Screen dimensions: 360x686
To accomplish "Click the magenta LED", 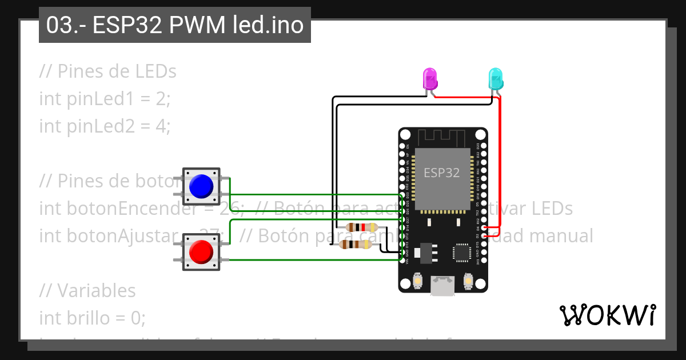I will click(429, 78).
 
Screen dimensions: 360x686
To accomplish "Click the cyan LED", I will click(495, 78).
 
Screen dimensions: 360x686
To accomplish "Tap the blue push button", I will click(201, 186).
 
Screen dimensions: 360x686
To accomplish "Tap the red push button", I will click(201, 252).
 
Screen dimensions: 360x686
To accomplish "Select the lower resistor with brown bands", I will click(355, 245).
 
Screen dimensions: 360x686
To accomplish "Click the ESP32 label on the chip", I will click(441, 173).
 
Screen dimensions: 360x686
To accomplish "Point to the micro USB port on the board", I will click(443, 286).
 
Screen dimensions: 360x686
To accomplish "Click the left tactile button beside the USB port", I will click(418, 282).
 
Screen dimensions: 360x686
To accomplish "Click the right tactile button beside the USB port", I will click(468, 282).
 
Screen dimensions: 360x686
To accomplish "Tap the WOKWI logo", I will click(607, 315).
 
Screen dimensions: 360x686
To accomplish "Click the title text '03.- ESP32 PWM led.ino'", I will click(174, 26).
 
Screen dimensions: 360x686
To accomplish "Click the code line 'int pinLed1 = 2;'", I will click(105, 99).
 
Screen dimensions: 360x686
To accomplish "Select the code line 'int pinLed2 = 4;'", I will click(105, 126).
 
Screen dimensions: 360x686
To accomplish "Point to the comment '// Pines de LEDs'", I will click(108, 71).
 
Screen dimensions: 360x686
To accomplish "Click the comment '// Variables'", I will click(87, 290).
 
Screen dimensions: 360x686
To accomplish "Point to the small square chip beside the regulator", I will click(461, 252).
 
